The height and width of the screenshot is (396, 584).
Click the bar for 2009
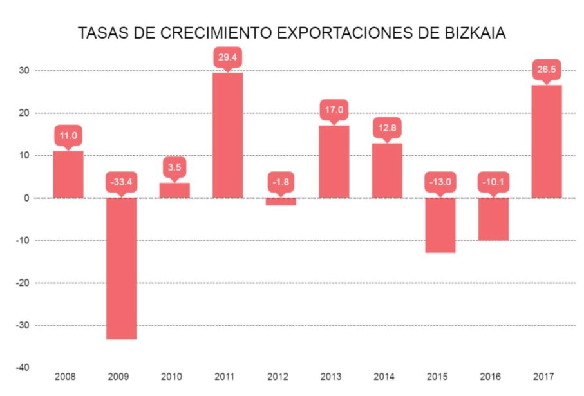pyautogui.click(x=121, y=268)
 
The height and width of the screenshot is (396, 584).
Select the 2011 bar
pyautogui.click(x=227, y=135)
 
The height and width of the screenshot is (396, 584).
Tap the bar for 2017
pyautogui.click(x=546, y=141)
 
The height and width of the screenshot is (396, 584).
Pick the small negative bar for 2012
pyautogui.click(x=281, y=202)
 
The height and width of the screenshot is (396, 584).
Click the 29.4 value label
pyautogui.click(x=227, y=58)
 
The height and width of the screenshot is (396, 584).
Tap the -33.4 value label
pyautogui.click(x=121, y=182)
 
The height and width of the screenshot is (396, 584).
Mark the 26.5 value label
pyautogui.click(x=546, y=70)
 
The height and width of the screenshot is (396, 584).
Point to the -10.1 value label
pyautogui.click(x=493, y=182)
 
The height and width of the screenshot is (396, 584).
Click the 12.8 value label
pyautogui.click(x=387, y=129)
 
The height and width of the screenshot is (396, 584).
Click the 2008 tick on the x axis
pyautogui.click(x=68, y=376)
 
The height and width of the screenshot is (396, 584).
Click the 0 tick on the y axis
pyautogui.click(x=27, y=198)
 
